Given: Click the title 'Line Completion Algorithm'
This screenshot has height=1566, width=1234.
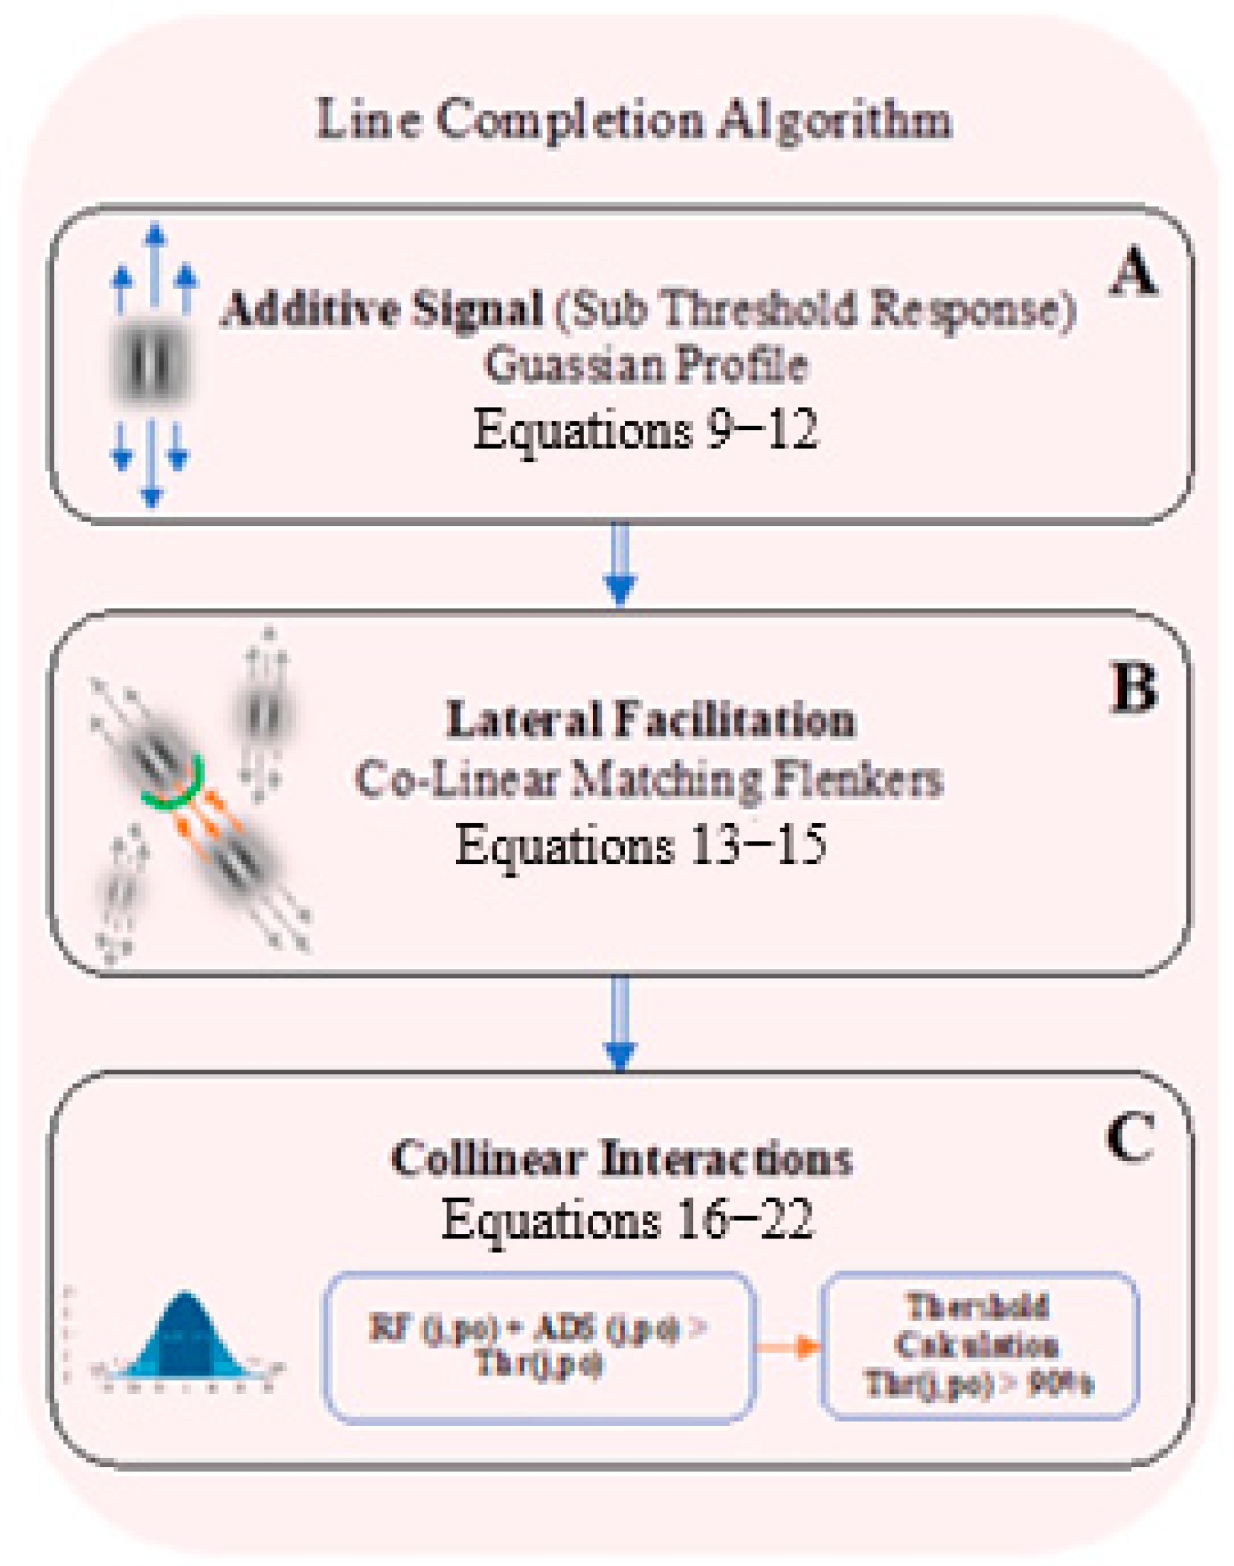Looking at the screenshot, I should click(633, 119).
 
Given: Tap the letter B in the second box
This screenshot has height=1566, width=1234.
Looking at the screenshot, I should click(1133, 687).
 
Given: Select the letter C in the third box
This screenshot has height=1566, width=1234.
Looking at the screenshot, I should click(1130, 1137).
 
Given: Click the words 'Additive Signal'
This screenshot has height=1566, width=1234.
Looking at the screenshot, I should click(382, 308).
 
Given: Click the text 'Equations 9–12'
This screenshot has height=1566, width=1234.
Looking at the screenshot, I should click(646, 429).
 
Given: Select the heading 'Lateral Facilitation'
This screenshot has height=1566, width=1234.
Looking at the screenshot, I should click(650, 720).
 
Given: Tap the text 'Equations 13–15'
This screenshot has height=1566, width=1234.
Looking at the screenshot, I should click(640, 844).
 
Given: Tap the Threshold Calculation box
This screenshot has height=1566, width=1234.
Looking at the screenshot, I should click(978, 1344).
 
